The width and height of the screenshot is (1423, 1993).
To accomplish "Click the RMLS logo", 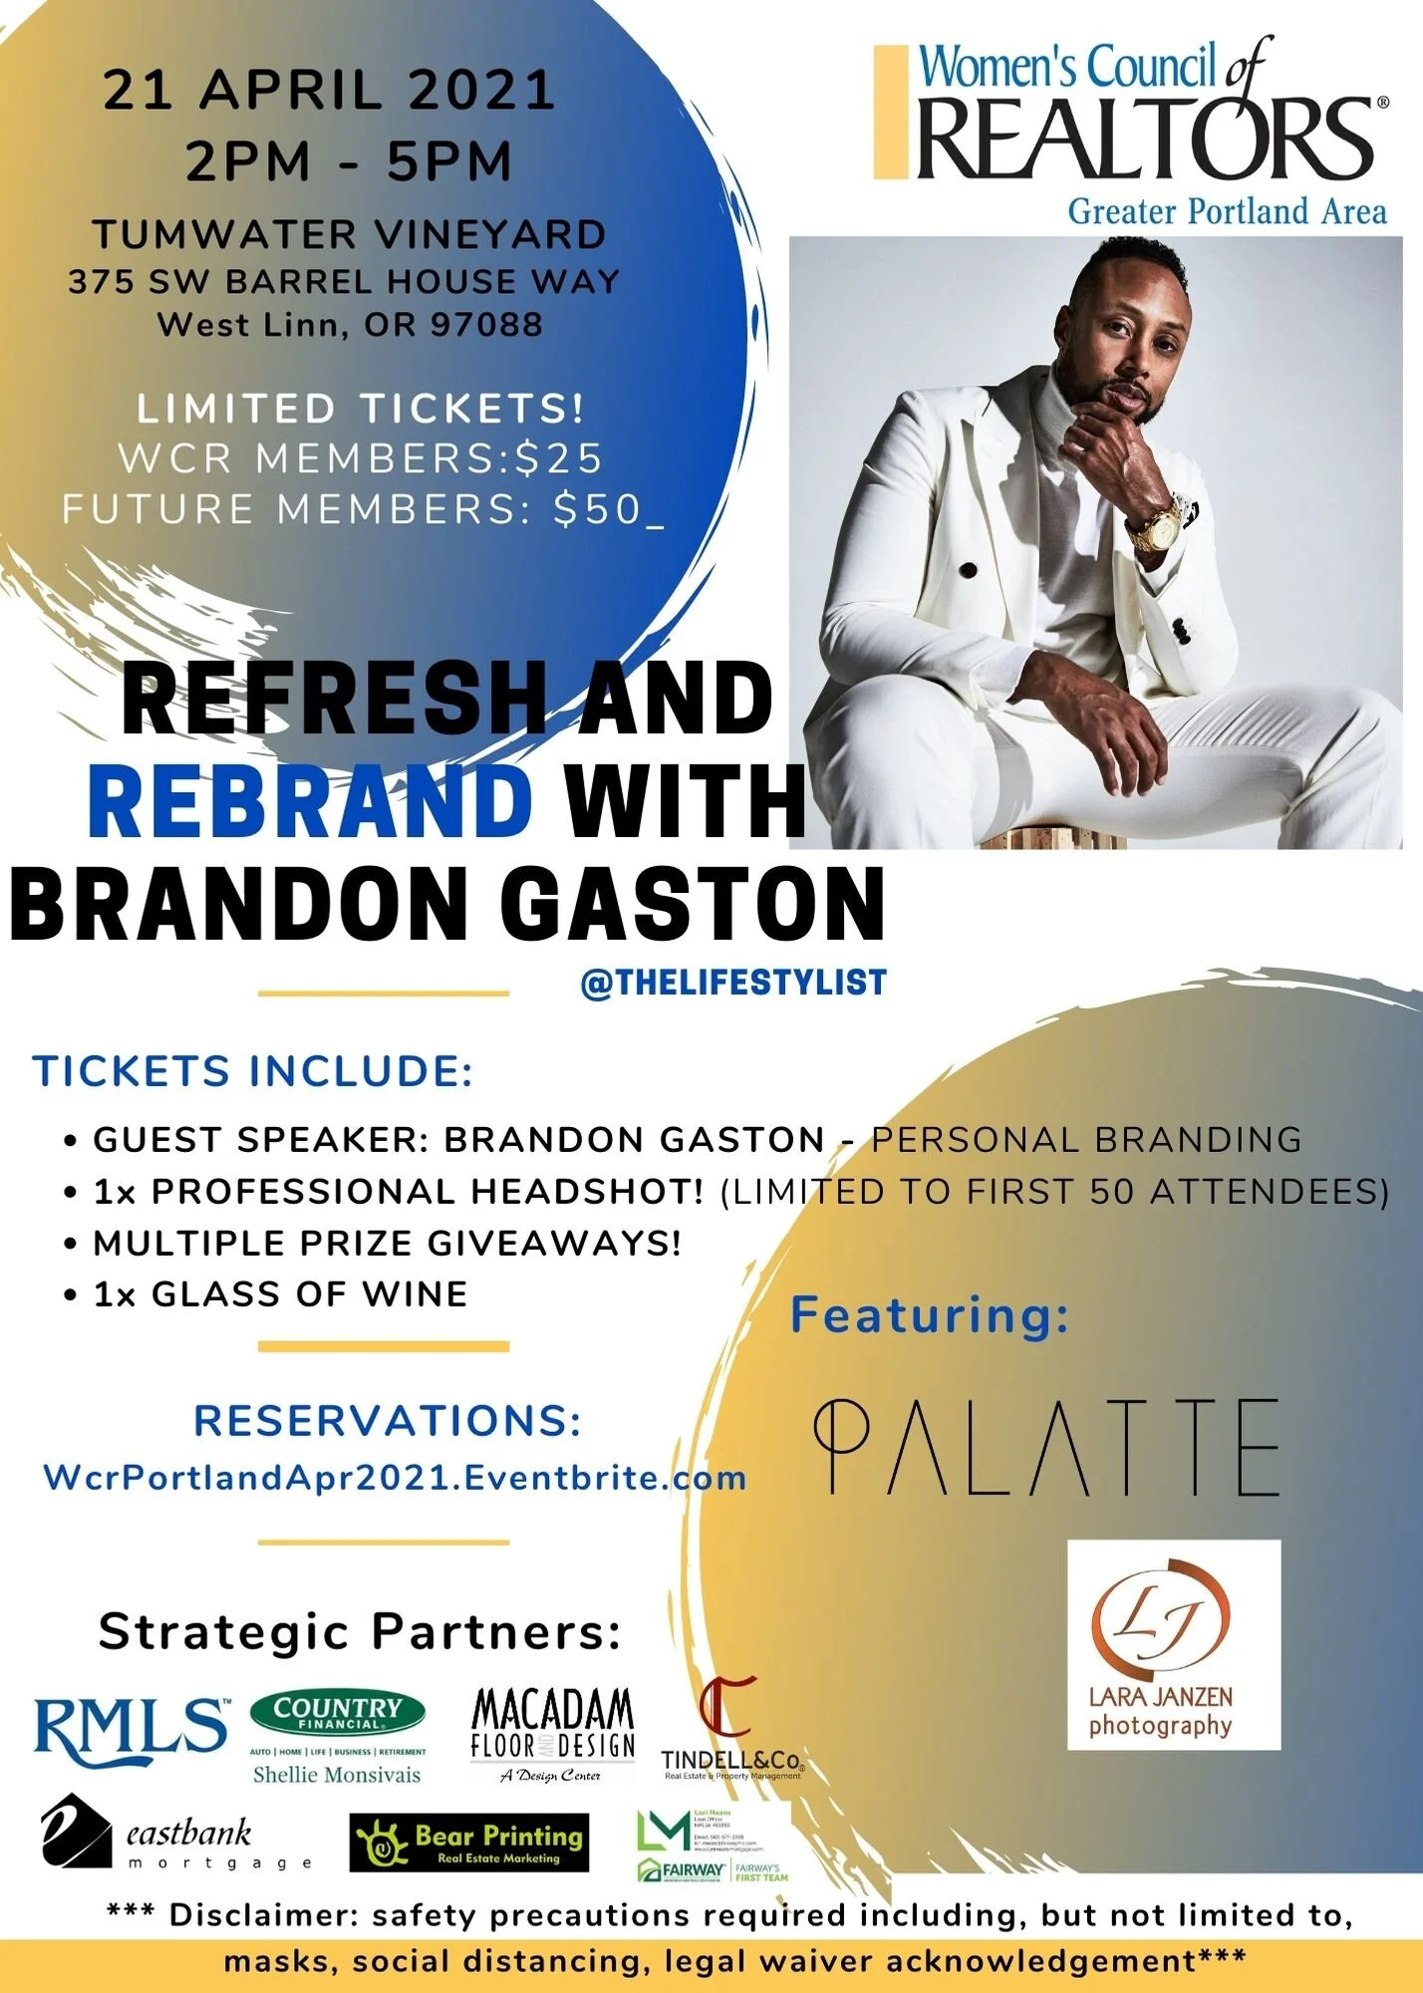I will pos(132,1731).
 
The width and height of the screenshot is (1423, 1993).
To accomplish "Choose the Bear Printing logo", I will pos(469,1843).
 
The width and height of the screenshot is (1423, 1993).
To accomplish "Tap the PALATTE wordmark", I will pos(1045,1446).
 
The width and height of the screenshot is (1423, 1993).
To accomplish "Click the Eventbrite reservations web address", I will pos(395,1477).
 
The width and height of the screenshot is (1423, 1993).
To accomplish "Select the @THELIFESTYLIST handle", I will pos(733,983).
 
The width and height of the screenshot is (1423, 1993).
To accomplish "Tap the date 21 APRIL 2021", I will pos(329,90).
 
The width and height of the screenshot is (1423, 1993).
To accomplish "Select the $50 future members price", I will pos(598,509).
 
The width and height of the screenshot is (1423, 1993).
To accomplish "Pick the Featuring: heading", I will pos(929,1315).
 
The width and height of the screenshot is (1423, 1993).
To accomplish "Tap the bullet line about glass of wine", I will pos(279,1294).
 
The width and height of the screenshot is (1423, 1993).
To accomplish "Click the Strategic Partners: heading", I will pos(360,1632).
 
